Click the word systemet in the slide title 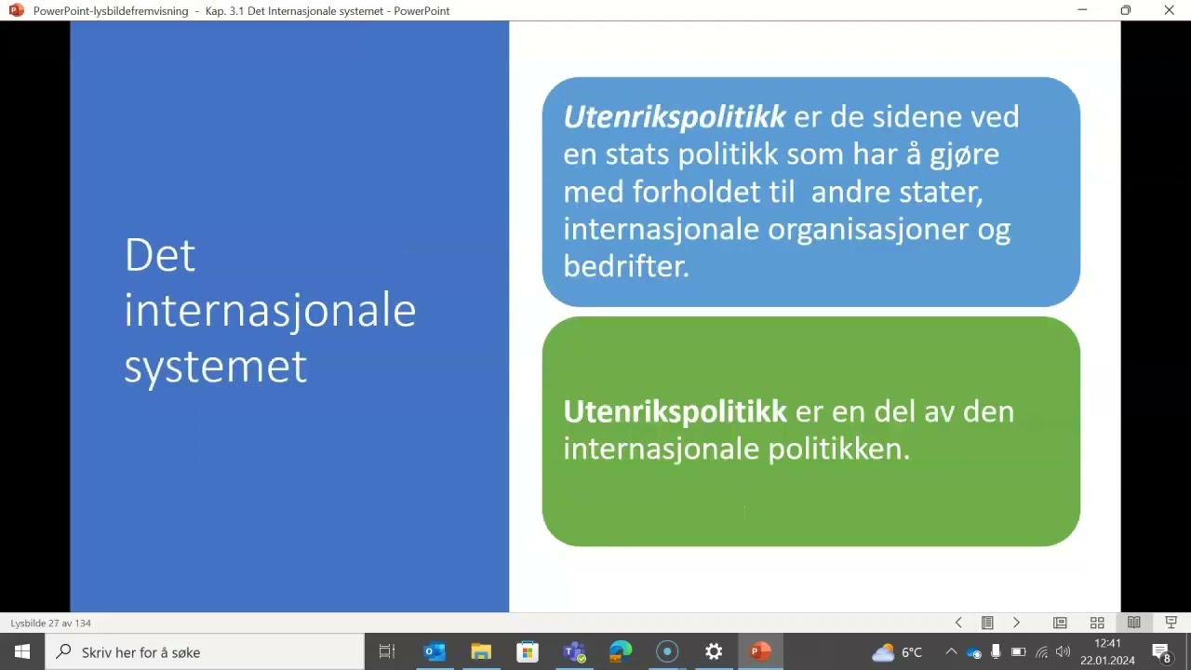tap(215, 366)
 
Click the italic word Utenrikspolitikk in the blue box tap(675, 116)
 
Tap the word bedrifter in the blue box tap(625, 266)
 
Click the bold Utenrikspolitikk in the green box tap(675, 411)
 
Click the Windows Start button tap(22, 651)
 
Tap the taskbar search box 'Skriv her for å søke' tap(205, 651)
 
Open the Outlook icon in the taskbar tap(435, 651)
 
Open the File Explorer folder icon tap(481, 651)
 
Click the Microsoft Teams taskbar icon tap(574, 651)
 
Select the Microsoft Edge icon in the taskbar tap(621, 651)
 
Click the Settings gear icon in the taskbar tap(714, 651)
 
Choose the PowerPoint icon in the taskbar tap(760, 651)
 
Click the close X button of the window tap(1170, 10)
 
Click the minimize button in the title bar tap(1082, 10)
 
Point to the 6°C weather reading tap(911, 652)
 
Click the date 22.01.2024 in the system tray tap(1107, 661)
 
